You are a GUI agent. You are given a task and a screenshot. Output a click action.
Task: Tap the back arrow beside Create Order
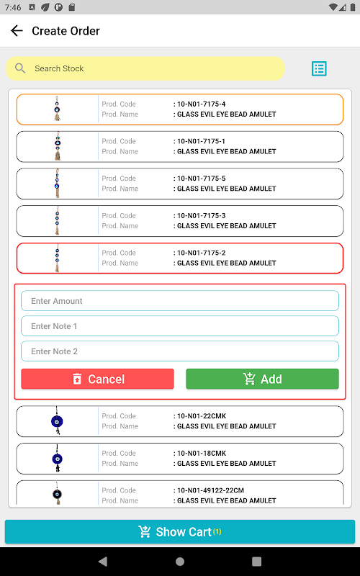17,31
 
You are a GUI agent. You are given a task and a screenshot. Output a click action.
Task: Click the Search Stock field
145,68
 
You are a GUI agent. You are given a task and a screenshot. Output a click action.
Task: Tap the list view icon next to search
319,68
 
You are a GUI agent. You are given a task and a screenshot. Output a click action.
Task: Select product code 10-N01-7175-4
202,104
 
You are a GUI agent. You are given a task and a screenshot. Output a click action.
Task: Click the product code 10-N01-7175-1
202,141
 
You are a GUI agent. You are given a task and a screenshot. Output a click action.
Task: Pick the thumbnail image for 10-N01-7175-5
58,184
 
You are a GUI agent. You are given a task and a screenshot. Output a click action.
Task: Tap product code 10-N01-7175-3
202,215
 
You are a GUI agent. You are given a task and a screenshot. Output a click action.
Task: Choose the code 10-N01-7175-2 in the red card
202,253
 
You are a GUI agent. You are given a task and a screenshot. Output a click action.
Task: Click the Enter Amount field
180,301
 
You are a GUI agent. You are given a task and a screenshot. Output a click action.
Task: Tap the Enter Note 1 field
180,326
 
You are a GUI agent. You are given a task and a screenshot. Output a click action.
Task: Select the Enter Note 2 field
180,351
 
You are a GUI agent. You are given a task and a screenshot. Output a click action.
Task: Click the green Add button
262,379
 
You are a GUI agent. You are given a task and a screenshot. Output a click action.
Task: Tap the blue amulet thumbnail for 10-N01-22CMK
57,421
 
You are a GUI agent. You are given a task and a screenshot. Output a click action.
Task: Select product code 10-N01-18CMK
202,453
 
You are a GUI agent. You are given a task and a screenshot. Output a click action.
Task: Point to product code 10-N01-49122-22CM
210,490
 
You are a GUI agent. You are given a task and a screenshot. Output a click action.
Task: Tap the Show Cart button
180,531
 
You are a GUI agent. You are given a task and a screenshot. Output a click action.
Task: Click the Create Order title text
66,31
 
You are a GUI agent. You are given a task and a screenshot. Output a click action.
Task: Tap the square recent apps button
256,562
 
